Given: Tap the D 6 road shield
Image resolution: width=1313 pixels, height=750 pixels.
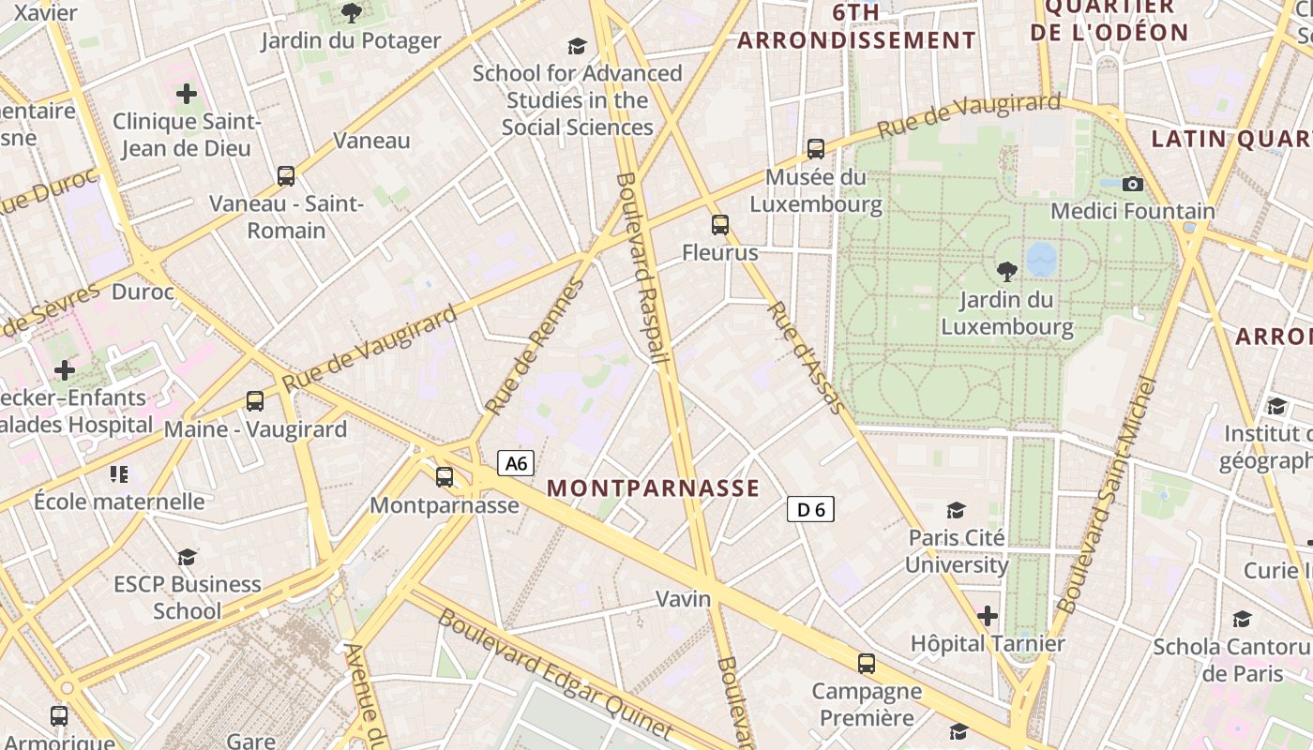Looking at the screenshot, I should [810, 509].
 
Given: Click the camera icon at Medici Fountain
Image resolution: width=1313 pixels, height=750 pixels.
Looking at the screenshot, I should [1133, 184].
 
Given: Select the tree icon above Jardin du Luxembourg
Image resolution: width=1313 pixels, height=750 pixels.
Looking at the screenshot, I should [1007, 272].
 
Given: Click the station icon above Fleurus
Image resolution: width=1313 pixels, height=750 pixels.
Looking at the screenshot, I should [720, 225].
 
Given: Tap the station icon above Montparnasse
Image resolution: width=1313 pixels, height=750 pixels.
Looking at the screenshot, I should [445, 477].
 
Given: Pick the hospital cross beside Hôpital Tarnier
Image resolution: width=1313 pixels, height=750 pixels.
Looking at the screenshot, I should [987, 616].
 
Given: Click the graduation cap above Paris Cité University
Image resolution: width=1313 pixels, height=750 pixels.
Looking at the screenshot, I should [956, 510].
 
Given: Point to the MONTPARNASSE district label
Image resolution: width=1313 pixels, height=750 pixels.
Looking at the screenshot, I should [653, 488].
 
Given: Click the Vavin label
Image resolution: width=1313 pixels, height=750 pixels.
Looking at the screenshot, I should [683, 598].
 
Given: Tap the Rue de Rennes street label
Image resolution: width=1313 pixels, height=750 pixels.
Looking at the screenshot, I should [536, 347].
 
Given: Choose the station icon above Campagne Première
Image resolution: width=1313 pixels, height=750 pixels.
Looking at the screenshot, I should [867, 664].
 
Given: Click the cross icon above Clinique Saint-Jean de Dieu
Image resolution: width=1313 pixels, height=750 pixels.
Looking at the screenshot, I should [187, 94].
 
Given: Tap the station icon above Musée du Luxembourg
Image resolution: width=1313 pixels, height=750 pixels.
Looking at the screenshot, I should [816, 148].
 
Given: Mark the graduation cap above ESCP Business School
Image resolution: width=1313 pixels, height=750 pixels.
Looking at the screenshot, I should [188, 557].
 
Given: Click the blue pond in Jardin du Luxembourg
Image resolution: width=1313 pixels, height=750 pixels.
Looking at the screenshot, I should [1041, 259].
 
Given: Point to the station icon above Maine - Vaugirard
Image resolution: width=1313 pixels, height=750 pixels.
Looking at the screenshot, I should [255, 401].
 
